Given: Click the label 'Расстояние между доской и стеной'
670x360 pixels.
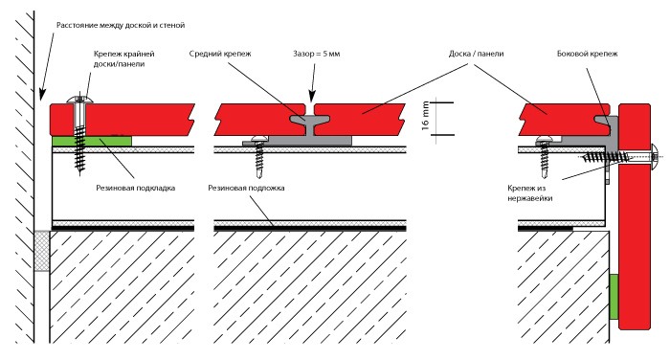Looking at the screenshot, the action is [121, 25].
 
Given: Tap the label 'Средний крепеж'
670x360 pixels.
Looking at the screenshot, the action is [220, 54].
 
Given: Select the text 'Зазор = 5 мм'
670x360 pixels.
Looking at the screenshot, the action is [316, 54].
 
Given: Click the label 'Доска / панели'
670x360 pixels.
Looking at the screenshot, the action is [476, 54].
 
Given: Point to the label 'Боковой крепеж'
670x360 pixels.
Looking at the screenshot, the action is [587, 54].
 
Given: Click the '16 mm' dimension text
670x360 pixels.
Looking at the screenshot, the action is [425, 116].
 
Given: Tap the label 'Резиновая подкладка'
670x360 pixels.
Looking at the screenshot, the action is [136, 188].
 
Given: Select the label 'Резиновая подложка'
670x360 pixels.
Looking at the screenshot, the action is [246, 188].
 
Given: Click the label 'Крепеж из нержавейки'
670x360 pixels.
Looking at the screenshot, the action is [530, 193].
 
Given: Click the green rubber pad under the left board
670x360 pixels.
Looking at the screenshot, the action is [92, 141].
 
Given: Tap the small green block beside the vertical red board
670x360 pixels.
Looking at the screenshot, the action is [614, 297].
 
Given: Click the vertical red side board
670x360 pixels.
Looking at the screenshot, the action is [635, 216].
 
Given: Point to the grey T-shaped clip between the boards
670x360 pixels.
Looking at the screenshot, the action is [308, 128].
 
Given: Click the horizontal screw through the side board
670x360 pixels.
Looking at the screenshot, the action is [619, 157].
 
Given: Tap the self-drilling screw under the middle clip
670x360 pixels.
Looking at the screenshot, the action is [259, 156].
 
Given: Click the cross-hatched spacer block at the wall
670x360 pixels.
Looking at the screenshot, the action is [42, 251].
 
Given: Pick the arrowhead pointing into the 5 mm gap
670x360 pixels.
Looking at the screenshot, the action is [312, 97].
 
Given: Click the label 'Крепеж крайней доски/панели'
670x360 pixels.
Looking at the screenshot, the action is [123, 59].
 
